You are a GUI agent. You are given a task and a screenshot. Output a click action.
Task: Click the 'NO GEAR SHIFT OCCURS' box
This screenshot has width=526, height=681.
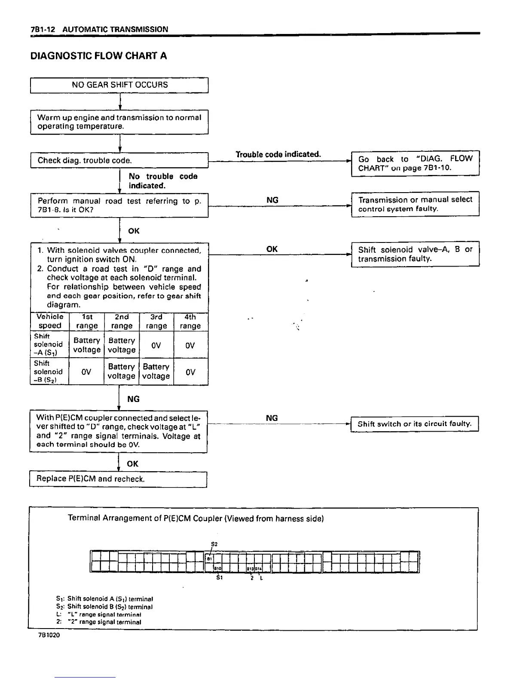click(x=119, y=85)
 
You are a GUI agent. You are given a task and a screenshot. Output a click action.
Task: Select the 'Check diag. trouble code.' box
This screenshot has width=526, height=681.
click(x=119, y=160)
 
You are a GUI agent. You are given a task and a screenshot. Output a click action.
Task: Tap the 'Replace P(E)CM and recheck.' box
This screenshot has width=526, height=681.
click(x=118, y=479)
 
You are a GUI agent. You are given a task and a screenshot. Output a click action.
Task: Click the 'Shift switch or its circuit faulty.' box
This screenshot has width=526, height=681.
click(x=415, y=424)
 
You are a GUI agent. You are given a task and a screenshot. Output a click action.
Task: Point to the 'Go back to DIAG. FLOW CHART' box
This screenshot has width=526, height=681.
click(x=415, y=163)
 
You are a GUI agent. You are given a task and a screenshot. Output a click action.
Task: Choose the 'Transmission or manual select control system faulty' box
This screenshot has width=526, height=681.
click(x=415, y=204)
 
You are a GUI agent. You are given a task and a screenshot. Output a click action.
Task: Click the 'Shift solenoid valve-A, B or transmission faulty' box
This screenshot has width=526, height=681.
click(x=415, y=254)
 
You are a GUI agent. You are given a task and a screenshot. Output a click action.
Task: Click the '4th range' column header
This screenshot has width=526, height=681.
click(x=190, y=322)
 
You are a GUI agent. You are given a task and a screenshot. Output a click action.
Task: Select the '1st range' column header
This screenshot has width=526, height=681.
click(x=86, y=322)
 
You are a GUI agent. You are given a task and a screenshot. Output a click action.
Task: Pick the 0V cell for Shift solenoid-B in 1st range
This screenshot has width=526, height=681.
click(x=86, y=372)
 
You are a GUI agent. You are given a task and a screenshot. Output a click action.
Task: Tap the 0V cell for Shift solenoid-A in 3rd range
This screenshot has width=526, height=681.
click(x=156, y=345)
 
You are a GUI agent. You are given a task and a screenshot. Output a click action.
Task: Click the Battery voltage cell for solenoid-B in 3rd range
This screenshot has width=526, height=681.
click(x=156, y=371)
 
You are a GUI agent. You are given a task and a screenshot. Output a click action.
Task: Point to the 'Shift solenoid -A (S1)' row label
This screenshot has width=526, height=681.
click(x=49, y=344)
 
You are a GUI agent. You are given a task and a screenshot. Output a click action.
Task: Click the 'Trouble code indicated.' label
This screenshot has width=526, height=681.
click(x=278, y=154)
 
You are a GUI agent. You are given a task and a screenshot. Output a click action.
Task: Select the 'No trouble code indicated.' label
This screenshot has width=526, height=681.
click(x=163, y=181)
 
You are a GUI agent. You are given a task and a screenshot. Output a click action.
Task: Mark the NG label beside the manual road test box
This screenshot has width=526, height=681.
click(x=272, y=200)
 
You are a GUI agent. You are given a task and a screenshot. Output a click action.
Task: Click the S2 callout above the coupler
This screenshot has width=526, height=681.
click(x=214, y=544)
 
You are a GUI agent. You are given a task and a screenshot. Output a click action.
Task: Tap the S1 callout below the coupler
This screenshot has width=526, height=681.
click(x=219, y=577)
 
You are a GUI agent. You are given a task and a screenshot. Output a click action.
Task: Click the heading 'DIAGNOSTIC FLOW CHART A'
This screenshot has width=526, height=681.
click(x=98, y=56)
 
